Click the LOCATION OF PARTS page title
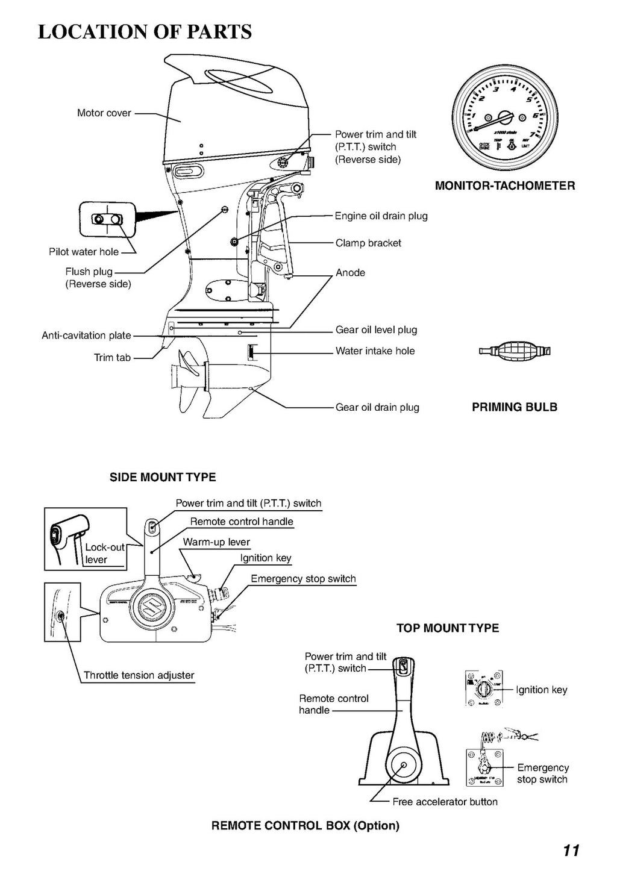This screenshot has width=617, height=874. [145, 31]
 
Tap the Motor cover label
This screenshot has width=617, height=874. [104, 113]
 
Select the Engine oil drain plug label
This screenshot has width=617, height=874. [381, 216]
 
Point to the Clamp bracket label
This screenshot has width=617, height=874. [368, 243]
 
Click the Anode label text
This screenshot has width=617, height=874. [350, 272]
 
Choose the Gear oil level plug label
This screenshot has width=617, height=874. [376, 329]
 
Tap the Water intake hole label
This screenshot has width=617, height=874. [375, 351]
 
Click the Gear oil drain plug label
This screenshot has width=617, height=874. [377, 407]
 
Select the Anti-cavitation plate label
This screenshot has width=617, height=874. [86, 336]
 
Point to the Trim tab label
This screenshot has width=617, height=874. [112, 357]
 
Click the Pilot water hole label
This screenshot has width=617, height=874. [84, 252]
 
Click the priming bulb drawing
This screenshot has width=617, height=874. [514, 351]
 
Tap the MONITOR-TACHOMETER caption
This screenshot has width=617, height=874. [505, 186]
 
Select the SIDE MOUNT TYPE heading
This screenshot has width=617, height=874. [163, 477]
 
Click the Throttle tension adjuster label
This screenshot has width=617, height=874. [139, 675]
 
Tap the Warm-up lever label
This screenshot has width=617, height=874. [216, 542]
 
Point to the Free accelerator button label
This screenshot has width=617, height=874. [445, 802]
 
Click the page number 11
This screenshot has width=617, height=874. [571, 850]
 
